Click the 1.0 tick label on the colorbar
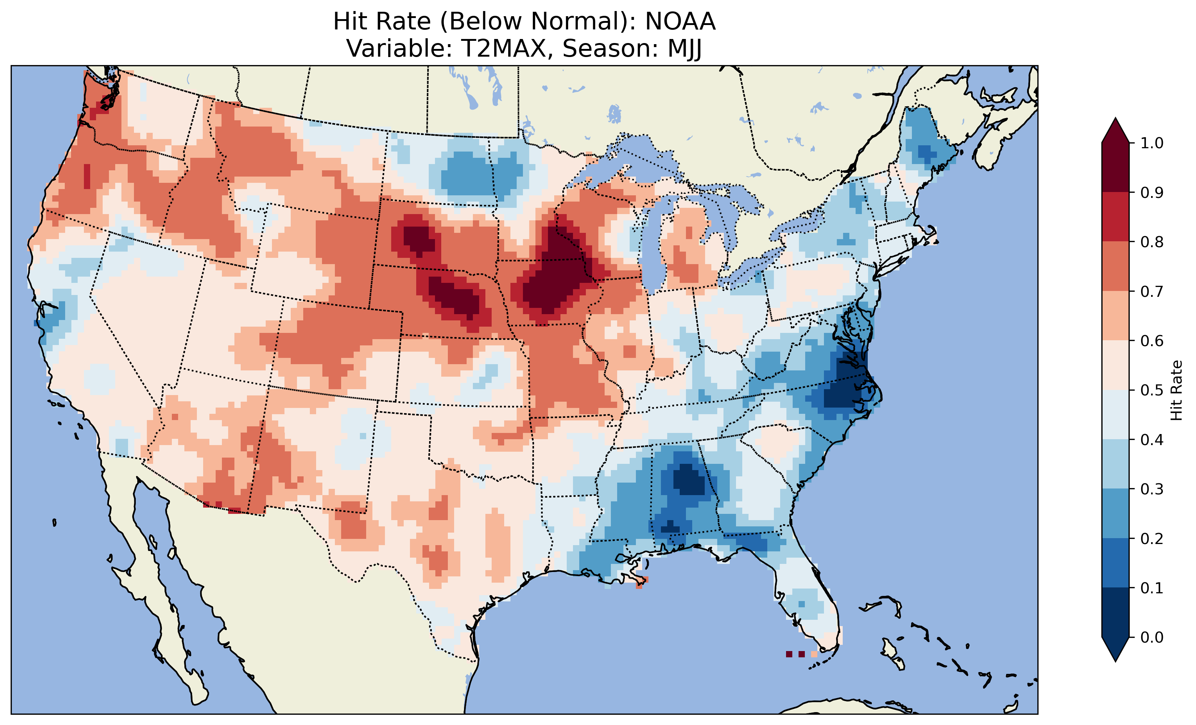pyautogui.click(x=1152, y=143)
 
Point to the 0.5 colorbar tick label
pyautogui.click(x=1152, y=390)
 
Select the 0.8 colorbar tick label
pyautogui.click(x=1152, y=242)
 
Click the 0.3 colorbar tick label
pyautogui.click(x=1152, y=489)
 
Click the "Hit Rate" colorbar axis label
pyautogui.click(x=1176, y=390)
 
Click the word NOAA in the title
pyautogui.click(x=680, y=22)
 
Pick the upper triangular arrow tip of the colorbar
pyautogui.click(x=1115, y=130)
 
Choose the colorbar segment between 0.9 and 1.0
pyautogui.click(x=1115, y=167)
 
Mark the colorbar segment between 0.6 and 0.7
pyautogui.click(x=1115, y=316)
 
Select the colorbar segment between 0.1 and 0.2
pyautogui.click(x=1115, y=563)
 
